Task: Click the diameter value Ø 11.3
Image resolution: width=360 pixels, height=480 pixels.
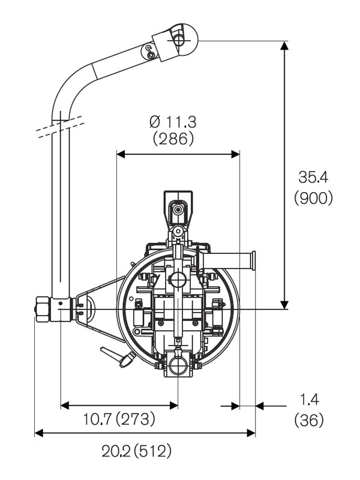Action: (173, 121)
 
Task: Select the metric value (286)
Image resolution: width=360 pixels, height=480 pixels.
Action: (173, 139)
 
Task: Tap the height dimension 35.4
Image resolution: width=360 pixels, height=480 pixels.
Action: (313, 178)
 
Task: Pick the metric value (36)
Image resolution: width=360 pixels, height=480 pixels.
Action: (308, 419)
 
